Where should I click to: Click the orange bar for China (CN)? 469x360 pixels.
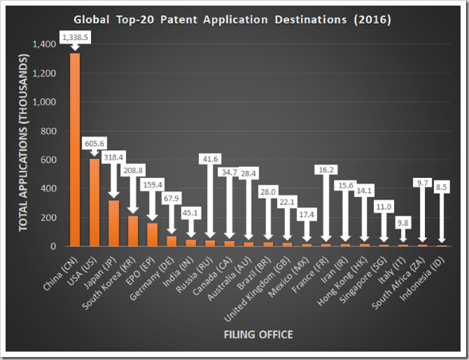75,150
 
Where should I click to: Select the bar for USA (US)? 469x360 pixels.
94,202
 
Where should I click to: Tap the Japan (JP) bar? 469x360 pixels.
113,223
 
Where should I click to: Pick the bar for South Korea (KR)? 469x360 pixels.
132,231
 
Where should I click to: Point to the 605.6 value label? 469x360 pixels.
94,144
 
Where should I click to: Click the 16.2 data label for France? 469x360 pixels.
325,169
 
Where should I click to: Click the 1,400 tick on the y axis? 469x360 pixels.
42,44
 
